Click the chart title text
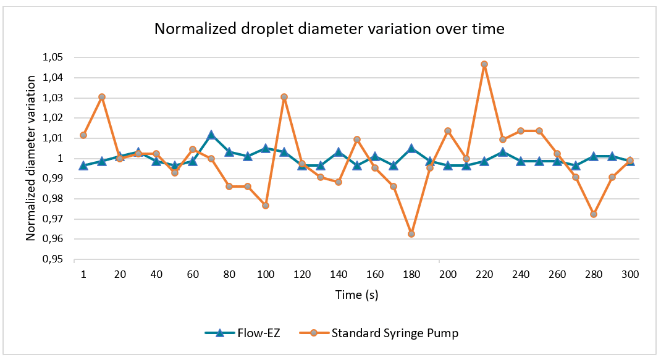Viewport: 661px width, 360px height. pyautogui.click(x=329, y=29)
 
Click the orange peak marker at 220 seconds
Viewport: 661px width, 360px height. pyautogui.click(x=484, y=64)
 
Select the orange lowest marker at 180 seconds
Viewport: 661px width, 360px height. pyautogui.click(x=411, y=234)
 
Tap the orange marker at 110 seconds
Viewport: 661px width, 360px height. pyautogui.click(x=284, y=97)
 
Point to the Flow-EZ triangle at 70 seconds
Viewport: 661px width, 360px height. pyautogui.click(x=211, y=135)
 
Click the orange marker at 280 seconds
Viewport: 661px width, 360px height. pyautogui.click(x=594, y=214)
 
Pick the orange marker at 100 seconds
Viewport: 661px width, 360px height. pyautogui.click(x=266, y=206)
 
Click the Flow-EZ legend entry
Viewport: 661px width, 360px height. pyautogui.click(x=245, y=333)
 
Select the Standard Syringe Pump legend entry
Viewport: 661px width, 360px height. pyautogui.click(x=386, y=333)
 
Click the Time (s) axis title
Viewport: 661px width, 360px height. pyautogui.click(x=356, y=295)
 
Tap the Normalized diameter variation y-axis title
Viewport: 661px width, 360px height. pyautogui.click(x=31, y=159)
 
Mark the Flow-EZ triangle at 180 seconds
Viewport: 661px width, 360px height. pyautogui.click(x=411, y=148)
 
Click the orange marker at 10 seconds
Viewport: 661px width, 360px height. pyautogui.click(x=102, y=97)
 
